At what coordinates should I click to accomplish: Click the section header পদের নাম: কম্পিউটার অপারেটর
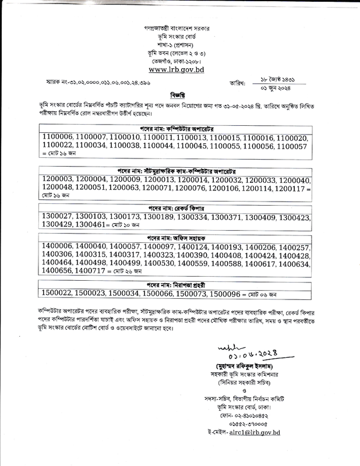pos(179,126)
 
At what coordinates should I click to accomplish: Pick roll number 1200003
pos(61,181)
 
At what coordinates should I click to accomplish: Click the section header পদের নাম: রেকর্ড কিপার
pos(179,207)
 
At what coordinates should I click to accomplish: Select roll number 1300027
pos(61,217)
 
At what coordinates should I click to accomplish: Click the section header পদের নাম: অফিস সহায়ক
pos(179,238)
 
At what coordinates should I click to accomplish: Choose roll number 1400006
pos(61,247)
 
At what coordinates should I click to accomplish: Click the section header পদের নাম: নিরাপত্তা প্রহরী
pos(179,284)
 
